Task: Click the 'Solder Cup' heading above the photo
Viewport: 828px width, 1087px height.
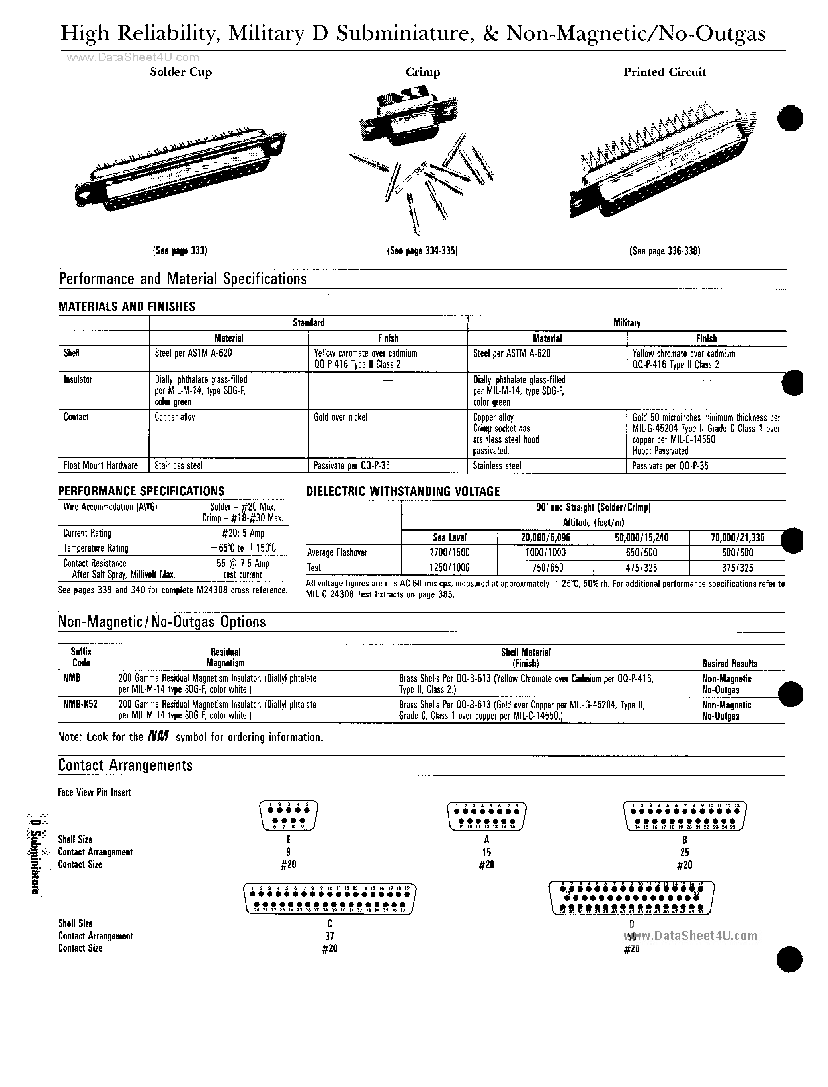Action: (181, 72)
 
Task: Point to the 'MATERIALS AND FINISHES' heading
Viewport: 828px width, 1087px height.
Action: (127, 306)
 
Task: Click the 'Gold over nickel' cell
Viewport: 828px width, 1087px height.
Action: (341, 418)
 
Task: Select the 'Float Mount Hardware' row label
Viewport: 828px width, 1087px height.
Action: (101, 465)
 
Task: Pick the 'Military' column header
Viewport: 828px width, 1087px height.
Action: (627, 323)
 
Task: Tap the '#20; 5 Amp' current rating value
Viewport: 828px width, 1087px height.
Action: (243, 533)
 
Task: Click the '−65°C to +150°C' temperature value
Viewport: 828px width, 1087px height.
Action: (243, 548)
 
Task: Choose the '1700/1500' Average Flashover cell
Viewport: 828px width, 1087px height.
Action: (449, 553)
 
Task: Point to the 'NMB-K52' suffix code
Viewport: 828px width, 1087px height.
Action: (80, 704)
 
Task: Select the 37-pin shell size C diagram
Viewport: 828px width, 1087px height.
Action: (330, 899)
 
